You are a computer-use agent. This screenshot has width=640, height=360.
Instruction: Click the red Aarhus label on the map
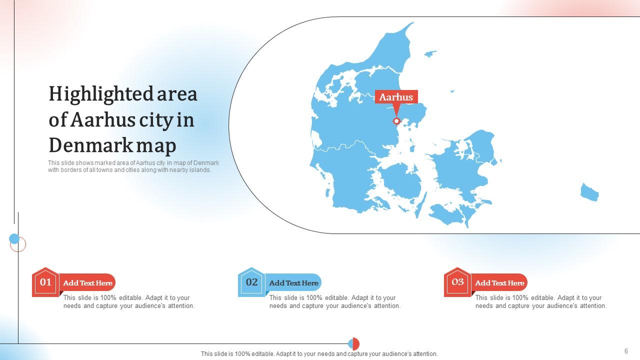pyautogui.click(x=396, y=97)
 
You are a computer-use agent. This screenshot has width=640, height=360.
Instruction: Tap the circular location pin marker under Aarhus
pyautogui.click(x=396, y=121)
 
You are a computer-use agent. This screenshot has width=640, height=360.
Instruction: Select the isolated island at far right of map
pyautogui.click(x=589, y=192)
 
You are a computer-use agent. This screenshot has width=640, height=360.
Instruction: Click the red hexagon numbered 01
pyautogui.click(x=45, y=282)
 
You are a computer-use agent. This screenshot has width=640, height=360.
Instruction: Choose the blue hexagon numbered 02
pyautogui.click(x=251, y=282)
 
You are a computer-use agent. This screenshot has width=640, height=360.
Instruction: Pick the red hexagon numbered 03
pyautogui.click(x=457, y=282)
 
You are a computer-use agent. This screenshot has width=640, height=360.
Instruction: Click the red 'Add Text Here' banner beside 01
pyautogui.click(x=88, y=283)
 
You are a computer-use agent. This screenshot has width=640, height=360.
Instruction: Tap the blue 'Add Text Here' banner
pyautogui.click(x=294, y=283)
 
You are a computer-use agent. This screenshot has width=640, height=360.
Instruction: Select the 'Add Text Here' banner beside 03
pyautogui.click(x=500, y=283)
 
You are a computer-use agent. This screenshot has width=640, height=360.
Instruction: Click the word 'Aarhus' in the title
pyautogui.click(x=102, y=120)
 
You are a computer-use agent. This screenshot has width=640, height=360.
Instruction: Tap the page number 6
pyautogui.click(x=626, y=351)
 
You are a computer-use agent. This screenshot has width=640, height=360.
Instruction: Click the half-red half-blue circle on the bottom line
pyautogui.click(x=353, y=344)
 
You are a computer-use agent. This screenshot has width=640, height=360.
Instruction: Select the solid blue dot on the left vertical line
pyautogui.click(x=14, y=239)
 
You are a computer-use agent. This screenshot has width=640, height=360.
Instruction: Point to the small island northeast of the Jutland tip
pyautogui.click(x=429, y=53)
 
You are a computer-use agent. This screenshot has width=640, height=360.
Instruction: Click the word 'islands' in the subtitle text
pyautogui.click(x=200, y=169)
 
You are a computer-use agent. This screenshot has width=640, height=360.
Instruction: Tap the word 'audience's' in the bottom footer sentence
pyautogui.click(x=395, y=354)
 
